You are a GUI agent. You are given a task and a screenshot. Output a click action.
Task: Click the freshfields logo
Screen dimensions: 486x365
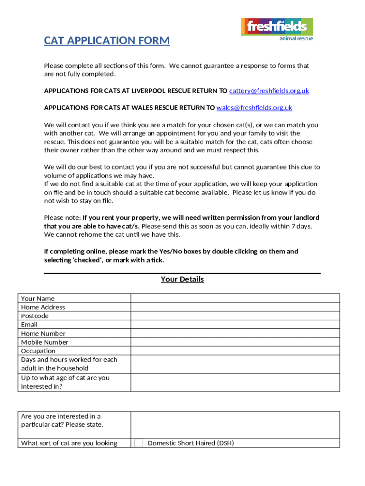[x=277, y=27]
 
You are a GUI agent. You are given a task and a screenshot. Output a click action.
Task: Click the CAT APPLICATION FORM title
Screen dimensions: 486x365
[x=107, y=41]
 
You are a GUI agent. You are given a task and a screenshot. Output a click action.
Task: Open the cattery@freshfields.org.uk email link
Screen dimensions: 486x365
[x=269, y=91]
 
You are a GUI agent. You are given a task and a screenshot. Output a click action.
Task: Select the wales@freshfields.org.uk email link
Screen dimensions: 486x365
[x=254, y=108]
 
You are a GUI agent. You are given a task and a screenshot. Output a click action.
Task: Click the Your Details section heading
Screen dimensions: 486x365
[x=182, y=279]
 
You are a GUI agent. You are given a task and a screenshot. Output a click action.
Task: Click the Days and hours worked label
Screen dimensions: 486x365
[x=69, y=364]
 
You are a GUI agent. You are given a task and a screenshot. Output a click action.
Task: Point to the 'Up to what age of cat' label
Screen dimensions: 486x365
[x=65, y=382]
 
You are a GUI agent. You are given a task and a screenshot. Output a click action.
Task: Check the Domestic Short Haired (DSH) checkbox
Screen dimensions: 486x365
[x=138, y=443]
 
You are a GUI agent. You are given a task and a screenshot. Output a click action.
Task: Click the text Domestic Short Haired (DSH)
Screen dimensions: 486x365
[x=191, y=443]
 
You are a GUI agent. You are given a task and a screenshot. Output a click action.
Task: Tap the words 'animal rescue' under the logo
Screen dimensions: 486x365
[x=296, y=38]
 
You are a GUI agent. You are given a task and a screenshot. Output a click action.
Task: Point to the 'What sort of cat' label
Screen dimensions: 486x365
[x=69, y=443]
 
